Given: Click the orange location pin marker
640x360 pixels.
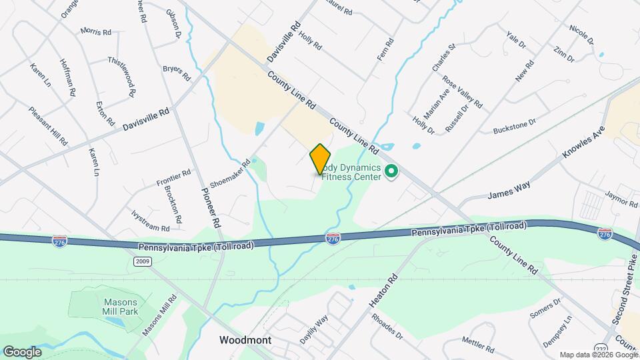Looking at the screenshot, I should click(x=321, y=159).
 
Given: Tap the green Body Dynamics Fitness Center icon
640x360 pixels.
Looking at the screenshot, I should click(x=392, y=173).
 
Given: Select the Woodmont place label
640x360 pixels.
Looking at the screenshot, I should click(x=245, y=340).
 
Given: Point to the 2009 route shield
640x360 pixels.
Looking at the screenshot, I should click(x=141, y=261).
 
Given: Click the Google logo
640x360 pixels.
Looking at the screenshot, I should click(x=22, y=351).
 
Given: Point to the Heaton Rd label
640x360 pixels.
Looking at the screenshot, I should click(x=383, y=290).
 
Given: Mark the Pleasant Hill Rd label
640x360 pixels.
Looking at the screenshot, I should click(x=48, y=125).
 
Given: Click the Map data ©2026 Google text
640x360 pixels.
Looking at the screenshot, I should click(x=598, y=354).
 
